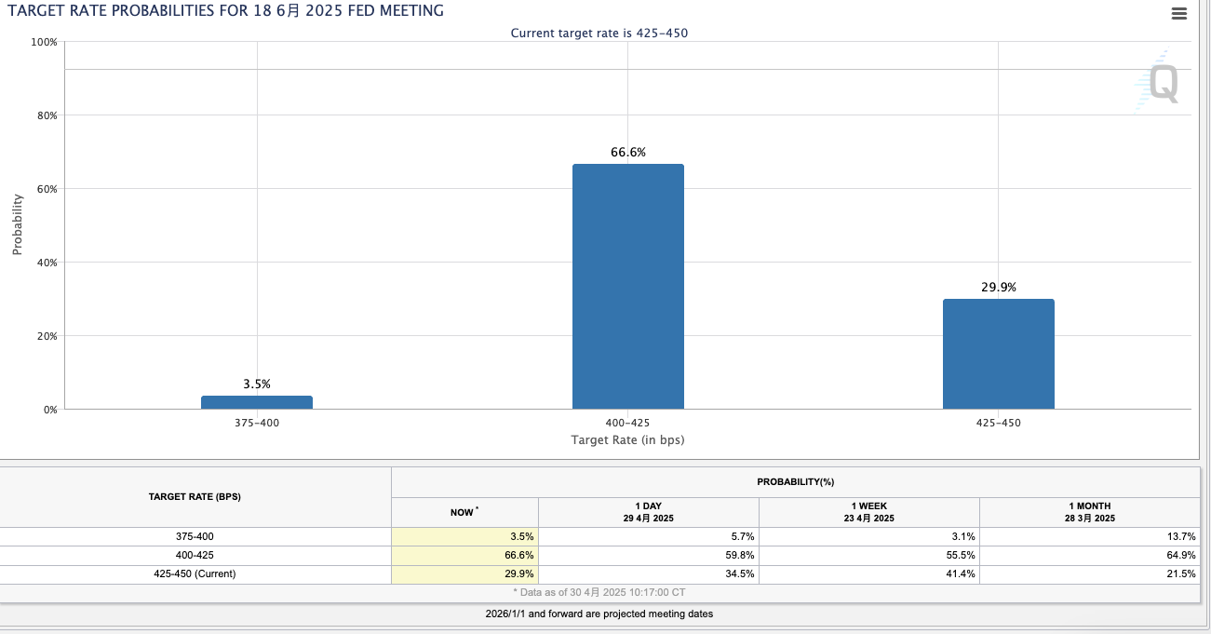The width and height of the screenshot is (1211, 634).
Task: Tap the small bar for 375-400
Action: (x=257, y=402)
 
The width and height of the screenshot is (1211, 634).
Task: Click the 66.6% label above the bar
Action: (x=628, y=152)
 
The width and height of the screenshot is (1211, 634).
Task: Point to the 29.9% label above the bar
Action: (x=999, y=288)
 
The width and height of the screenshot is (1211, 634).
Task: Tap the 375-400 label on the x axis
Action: (x=257, y=423)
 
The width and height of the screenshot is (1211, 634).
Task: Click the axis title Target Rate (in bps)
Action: (x=627, y=439)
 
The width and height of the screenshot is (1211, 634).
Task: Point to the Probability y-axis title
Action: (x=17, y=224)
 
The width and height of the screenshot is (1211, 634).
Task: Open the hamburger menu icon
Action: (x=1179, y=14)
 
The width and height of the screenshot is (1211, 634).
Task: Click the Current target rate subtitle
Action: (x=599, y=33)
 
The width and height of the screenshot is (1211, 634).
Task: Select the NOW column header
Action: (x=464, y=512)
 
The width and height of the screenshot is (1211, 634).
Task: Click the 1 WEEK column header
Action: (x=868, y=512)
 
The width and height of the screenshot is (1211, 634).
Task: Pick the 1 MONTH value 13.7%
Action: (x=1180, y=536)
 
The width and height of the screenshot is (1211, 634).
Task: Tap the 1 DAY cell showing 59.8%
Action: (x=739, y=555)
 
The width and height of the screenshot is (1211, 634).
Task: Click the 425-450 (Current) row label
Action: (x=195, y=573)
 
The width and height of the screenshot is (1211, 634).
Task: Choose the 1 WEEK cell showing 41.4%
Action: (x=960, y=573)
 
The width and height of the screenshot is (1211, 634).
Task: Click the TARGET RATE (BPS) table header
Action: (x=195, y=496)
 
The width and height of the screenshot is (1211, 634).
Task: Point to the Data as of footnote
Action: (x=599, y=592)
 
